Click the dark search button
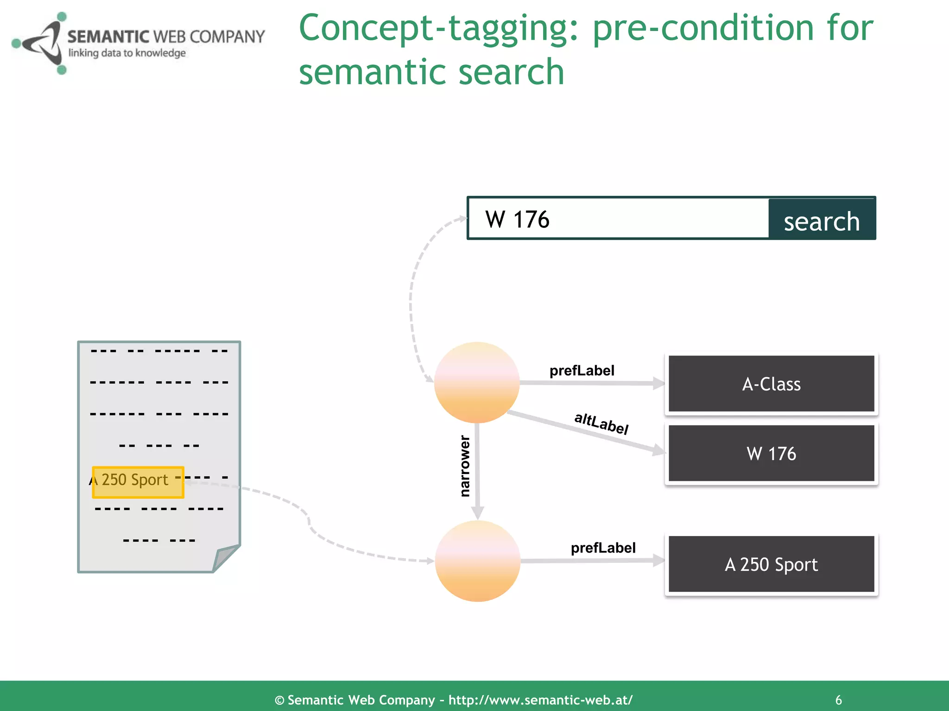click(822, 219)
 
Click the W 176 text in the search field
click(517, 219)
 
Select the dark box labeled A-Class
click(771, 384)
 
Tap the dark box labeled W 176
click(771, 454)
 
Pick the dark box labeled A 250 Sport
click(771, 564)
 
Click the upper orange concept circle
click(477, 382)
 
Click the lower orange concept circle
click(477, 561)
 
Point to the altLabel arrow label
click(601, 423)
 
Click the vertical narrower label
click(464, 466)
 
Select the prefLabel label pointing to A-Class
click(582, 370)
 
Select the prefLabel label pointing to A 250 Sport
click(603, 548)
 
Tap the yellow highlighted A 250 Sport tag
click(138, 482)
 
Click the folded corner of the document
click(225, 557)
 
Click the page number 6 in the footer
click(838, 700)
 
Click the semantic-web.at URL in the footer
click(540, 700)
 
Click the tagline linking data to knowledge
click(127, 53)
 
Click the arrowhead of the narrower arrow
click(477, 513)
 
